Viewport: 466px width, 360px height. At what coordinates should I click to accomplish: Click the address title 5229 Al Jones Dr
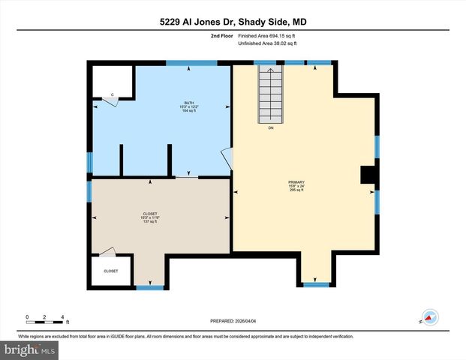(232, 22)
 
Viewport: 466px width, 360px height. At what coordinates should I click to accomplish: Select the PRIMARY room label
(296, 182)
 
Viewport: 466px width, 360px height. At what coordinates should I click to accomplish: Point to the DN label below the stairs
(271, 128)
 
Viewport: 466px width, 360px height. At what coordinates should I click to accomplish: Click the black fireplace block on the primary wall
(368, 175)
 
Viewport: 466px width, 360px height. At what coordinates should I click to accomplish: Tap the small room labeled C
(113, 81)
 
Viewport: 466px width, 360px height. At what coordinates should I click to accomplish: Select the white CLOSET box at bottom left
(111, 271)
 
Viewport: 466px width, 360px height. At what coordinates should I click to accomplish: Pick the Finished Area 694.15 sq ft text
(267, 36)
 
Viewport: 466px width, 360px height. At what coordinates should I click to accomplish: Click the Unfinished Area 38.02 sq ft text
(267, 43)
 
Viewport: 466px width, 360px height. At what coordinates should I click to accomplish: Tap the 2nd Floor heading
(221, 36)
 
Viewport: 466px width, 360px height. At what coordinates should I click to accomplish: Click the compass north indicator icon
(430, 318)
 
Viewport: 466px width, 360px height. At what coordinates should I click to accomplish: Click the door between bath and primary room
(227, 158)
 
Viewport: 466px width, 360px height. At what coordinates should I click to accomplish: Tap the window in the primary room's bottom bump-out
(316, 284)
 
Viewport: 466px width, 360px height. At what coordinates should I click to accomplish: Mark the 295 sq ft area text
(296, 190)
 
